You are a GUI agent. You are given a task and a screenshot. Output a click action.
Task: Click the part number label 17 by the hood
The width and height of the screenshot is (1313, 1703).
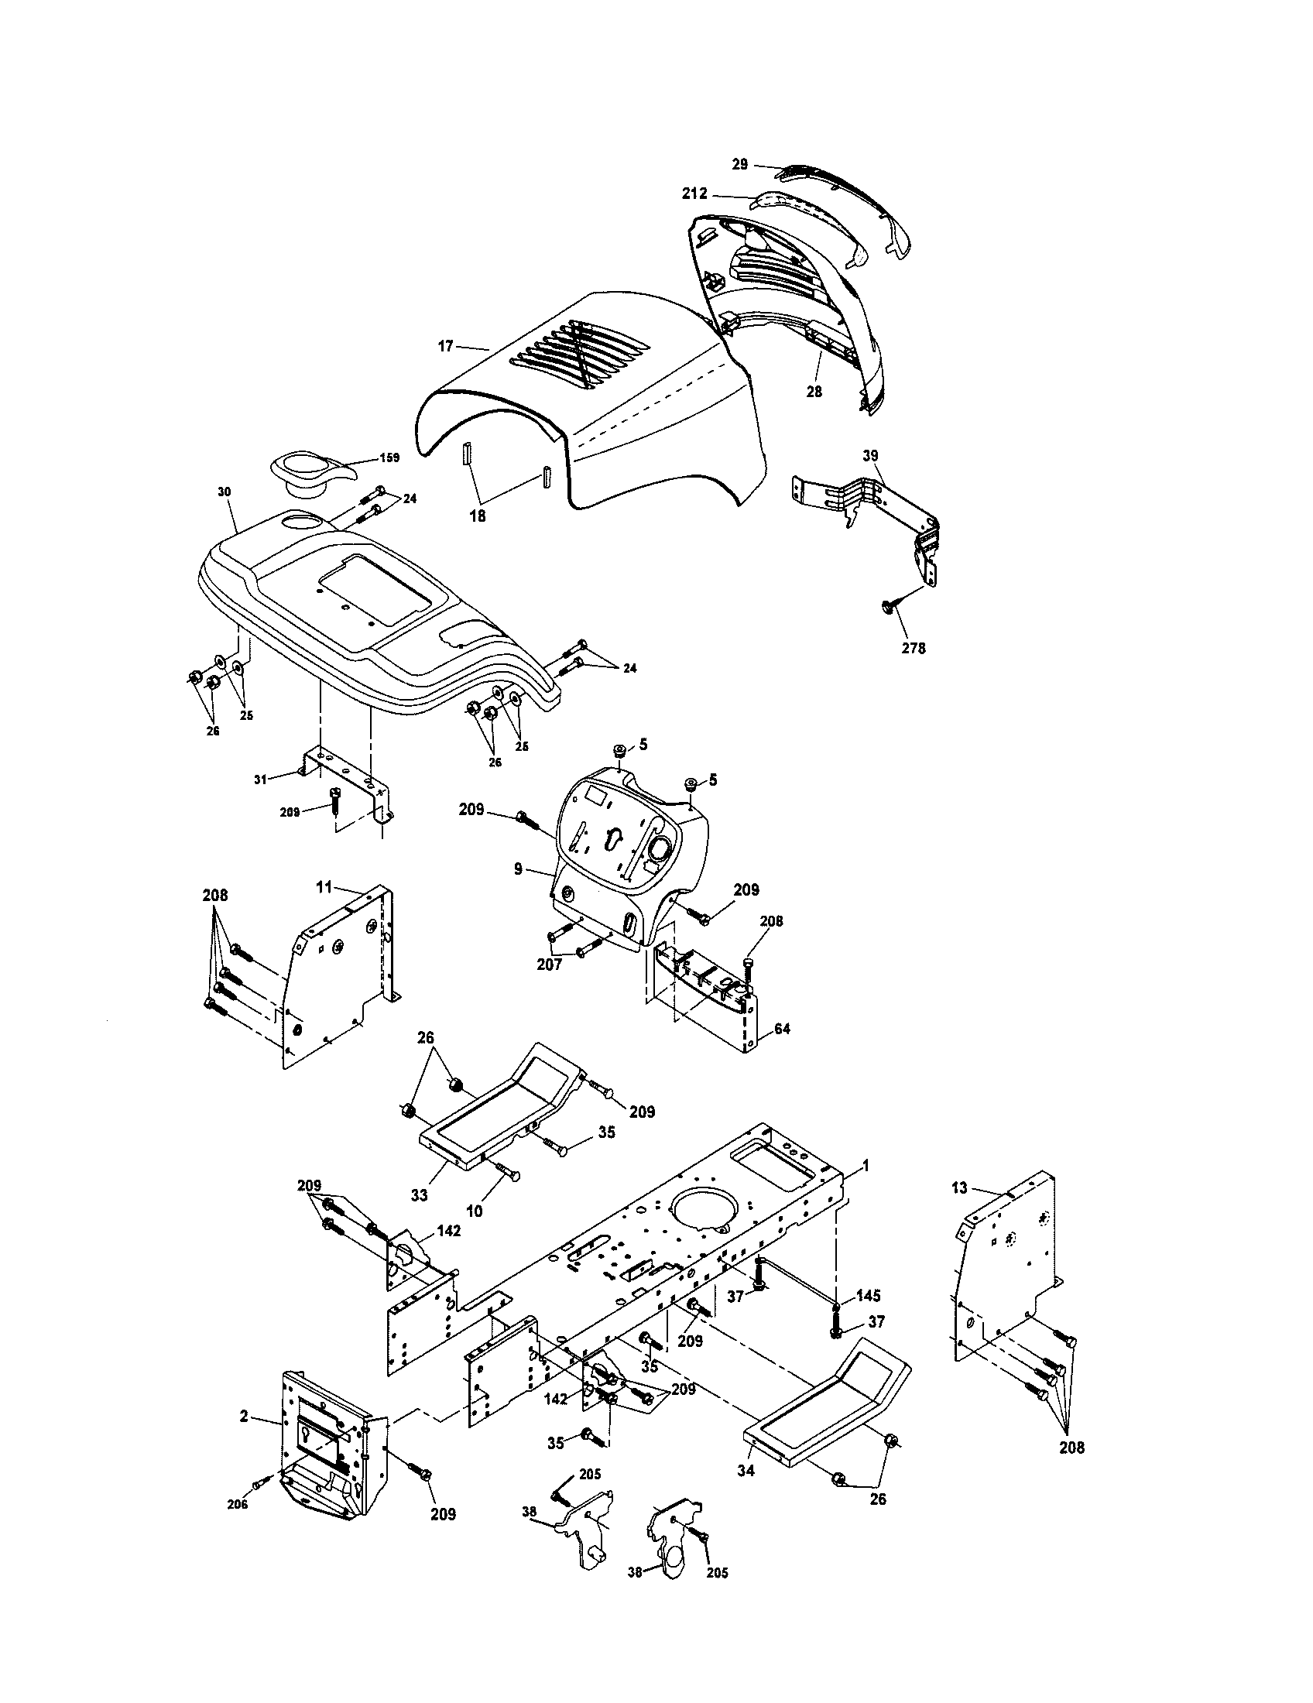[x=444, y=346]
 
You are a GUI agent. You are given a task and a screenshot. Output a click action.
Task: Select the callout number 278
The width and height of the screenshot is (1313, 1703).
[x=913, y=648]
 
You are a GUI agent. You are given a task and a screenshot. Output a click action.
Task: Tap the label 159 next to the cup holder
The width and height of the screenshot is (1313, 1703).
[x=388, y=457]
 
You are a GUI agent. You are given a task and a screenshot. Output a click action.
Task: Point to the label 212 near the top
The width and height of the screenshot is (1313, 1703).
[x=694, y=194]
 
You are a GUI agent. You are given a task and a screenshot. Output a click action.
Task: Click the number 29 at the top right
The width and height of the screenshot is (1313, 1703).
[x=739, y=164]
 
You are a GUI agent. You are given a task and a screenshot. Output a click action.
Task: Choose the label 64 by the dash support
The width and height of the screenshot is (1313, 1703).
[x=782, y=1029]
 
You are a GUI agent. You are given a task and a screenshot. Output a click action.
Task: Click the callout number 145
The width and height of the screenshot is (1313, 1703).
[x=868, y=1296]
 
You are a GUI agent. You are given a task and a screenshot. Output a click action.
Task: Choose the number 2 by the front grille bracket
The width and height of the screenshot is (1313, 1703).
[x=244, y=1416]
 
